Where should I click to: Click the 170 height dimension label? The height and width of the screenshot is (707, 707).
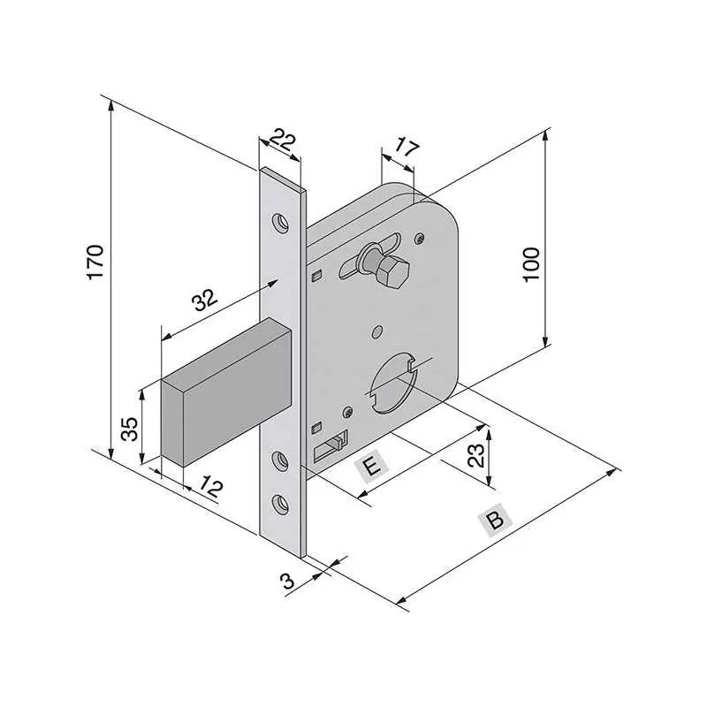coord(95,262)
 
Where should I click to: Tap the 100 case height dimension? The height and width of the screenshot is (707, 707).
coord(532,264)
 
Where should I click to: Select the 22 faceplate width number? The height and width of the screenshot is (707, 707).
coord(283,141)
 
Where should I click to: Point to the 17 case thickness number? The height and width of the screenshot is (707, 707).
coord(407,147)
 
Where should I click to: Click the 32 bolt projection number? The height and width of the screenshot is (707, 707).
coord(205,300)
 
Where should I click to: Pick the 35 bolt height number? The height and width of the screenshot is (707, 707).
coord(130,429)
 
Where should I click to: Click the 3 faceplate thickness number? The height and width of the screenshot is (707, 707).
coord(288,581)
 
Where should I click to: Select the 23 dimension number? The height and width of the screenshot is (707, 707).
coord(476,455)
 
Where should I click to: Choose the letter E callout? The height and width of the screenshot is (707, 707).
coord(371,467)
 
